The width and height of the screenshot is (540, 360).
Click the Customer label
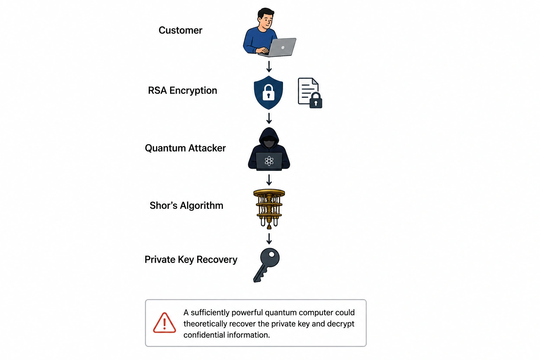[x=180, y=30]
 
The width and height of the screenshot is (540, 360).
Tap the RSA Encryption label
[x=182, y=91]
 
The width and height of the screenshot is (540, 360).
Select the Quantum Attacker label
[x=185, y=148]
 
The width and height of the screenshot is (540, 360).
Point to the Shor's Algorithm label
[x=186, y=205]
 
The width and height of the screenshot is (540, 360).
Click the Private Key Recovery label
[x=191, y=260]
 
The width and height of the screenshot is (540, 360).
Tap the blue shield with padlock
[x=269, y=92]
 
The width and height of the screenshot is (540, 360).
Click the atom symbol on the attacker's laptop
[x=269, y=161]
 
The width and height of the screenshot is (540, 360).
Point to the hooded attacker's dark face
[x=269, y=142]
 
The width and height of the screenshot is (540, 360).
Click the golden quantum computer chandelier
[x=269, y=209]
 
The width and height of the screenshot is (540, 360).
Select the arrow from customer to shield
[x=269, y=66]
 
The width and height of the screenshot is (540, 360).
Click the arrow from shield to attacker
[x=269, y=118]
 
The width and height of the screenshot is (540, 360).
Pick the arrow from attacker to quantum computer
[x=269, y=180]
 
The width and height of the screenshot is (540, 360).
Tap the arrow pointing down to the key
[x=269, y=239]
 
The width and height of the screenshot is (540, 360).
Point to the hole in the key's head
[x=272, y=255]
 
